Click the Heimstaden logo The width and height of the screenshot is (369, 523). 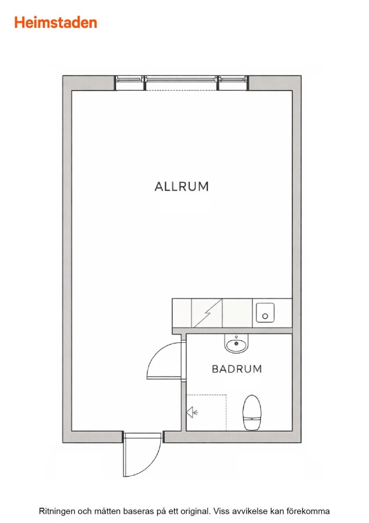pyautogui.click(x=56, y=22)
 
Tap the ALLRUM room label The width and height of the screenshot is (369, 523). pyautogui.click(x=182, y=187)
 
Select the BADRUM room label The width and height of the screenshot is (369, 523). pyautogui.click(x=237, y=369)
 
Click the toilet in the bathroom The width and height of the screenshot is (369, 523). pyautogui.click(x=252, y=412)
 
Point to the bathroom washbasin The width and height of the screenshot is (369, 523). pyautogui.click(x=237, y=343)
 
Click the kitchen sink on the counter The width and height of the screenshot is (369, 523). pyautogui.click(x=265, y=313)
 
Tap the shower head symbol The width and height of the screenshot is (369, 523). pyautogui.click(x=193, y=413)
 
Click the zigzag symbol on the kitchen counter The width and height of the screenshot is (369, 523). pyautogui.click(x=208, y=313)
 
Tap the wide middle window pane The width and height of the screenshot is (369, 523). pyautogui.click(x=182, y=80)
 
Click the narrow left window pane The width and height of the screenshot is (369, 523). pyautogui.click(x=130, y=80)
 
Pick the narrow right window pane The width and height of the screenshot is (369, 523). pyautogui.click(x=233, y=80)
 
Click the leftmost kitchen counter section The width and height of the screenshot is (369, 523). pyautogui.click(x=182, y=313)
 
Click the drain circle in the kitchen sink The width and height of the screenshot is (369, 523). pyautogui.click(x=265, y=316)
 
